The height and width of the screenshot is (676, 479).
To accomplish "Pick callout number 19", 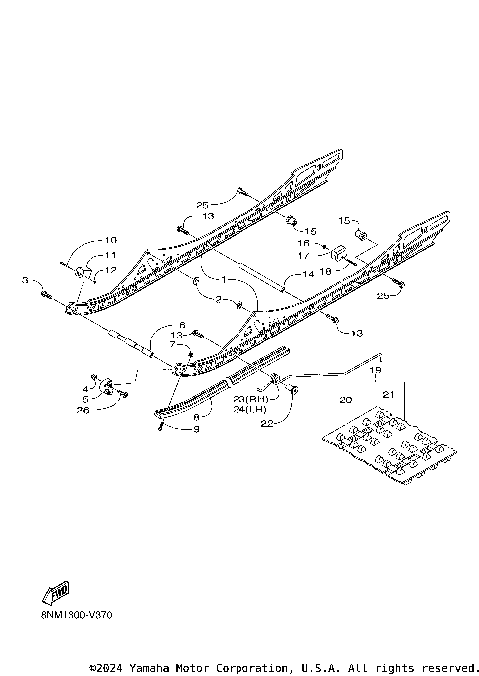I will (x=376, y=370).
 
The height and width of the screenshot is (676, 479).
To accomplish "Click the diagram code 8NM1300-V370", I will (x=76, y=615).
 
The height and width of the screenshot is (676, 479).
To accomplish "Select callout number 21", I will (x=388, y=397).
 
